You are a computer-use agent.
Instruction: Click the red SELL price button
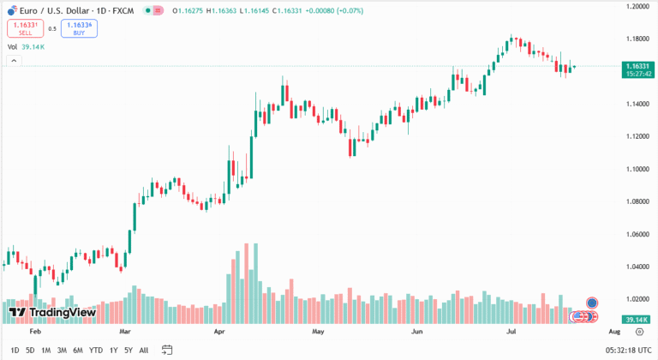25,28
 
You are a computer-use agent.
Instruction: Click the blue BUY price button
79,28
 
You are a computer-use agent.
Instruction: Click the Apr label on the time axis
218,330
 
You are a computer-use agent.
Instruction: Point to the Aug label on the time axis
613,330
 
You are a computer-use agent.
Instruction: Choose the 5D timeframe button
30,350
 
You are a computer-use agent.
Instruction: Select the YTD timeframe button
96,350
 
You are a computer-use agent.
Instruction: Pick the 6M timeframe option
78,350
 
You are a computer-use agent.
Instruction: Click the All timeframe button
143,350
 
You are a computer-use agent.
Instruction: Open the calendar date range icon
167,350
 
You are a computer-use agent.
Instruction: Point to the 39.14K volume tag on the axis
635,319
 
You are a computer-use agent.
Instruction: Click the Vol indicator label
12,47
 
